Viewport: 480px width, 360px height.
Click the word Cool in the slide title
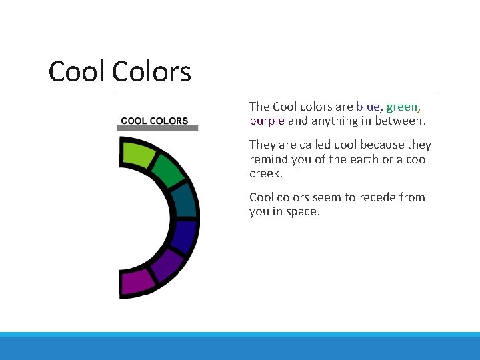tap(77, 72)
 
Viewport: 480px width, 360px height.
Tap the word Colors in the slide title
tap(151, 72)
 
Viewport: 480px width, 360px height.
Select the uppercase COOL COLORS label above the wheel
tap(154, 121)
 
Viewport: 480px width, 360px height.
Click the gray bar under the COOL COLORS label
tap(157, 128)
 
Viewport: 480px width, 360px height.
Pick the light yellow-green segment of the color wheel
tap(137, 153)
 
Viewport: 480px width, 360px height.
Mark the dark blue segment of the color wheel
tap(184, 236)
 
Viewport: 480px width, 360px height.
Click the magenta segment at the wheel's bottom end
tap(137, 283)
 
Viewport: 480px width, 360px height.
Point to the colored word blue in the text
tap(369, 107)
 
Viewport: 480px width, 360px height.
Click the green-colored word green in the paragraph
tap(403, 107)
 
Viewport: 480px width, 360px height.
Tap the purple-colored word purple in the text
tap(267, 121)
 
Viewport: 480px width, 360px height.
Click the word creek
tap(265, 174)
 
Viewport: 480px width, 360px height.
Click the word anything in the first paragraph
tap(334, 121)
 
